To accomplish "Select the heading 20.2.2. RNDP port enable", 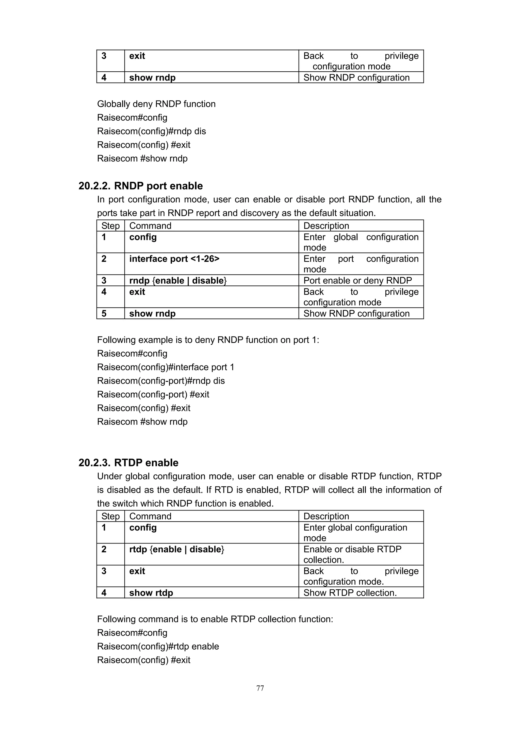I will coord(141,186).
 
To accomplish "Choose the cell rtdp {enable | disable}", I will coord(176,549).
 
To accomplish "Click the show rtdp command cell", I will coord(151,593).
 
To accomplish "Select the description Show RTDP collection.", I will coord(350,593).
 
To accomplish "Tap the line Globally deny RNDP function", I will coord(156,104).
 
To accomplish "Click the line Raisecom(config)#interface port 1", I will coord(166,367).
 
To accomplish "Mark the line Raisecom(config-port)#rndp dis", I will coord(161,381).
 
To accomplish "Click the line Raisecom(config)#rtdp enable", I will coord(158,646).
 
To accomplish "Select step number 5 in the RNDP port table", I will coord(104,313).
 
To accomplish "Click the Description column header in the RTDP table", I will coord(326,516).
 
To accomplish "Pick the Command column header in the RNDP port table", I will coord(150,226).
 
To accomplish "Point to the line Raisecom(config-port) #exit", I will coord(153,394).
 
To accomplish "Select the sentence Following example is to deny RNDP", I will coord(208,340).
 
